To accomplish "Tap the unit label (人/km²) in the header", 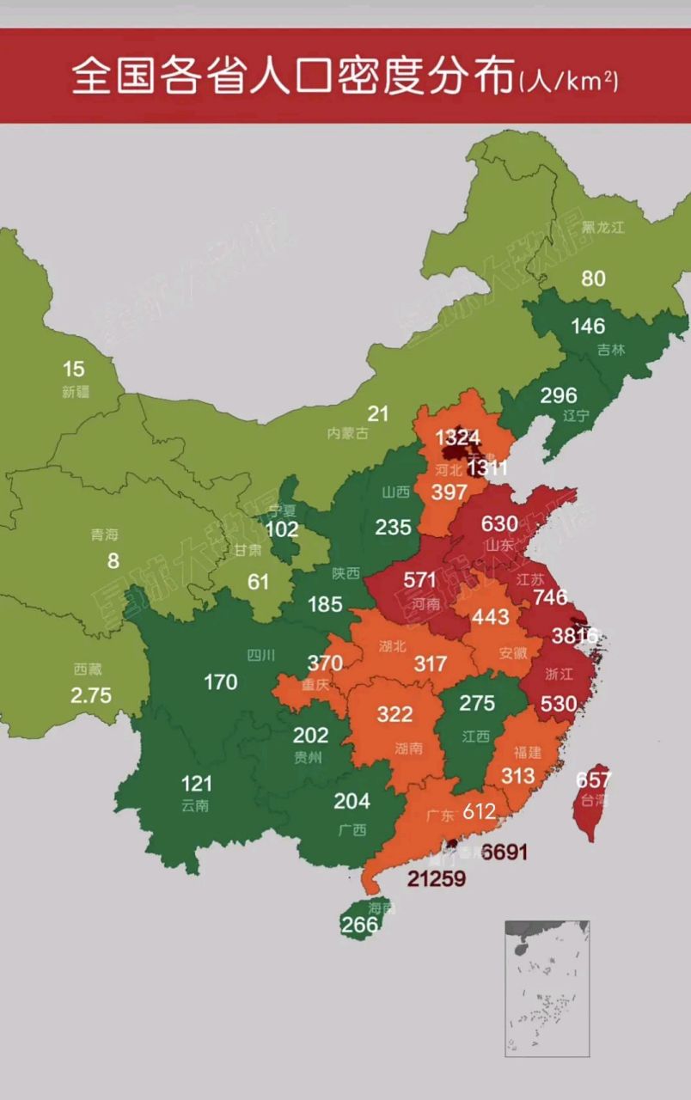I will pos(569,81).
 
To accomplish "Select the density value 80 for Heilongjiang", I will pos(593,278).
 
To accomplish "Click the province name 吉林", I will pos(612,350).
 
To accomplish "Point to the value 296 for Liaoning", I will pos(558,395).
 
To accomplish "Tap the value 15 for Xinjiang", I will pos(74,370).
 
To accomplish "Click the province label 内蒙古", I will pos(347,433).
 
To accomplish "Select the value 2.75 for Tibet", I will pos(91,694).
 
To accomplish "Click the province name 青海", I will pos(105,535).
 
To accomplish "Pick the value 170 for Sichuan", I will pos(221,682).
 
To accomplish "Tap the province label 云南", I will pos(195,806).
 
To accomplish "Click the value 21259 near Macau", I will pos(437,878).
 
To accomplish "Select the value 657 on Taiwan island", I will pos(593,780).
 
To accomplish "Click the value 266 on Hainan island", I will pos(359,925).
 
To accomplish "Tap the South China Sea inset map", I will pos(547,988).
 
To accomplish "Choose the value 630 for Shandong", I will pos(499,523).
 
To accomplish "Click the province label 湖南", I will pos(409,748).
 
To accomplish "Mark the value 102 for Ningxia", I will pos(282,529).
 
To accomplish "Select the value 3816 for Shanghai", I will pos(575,636).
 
